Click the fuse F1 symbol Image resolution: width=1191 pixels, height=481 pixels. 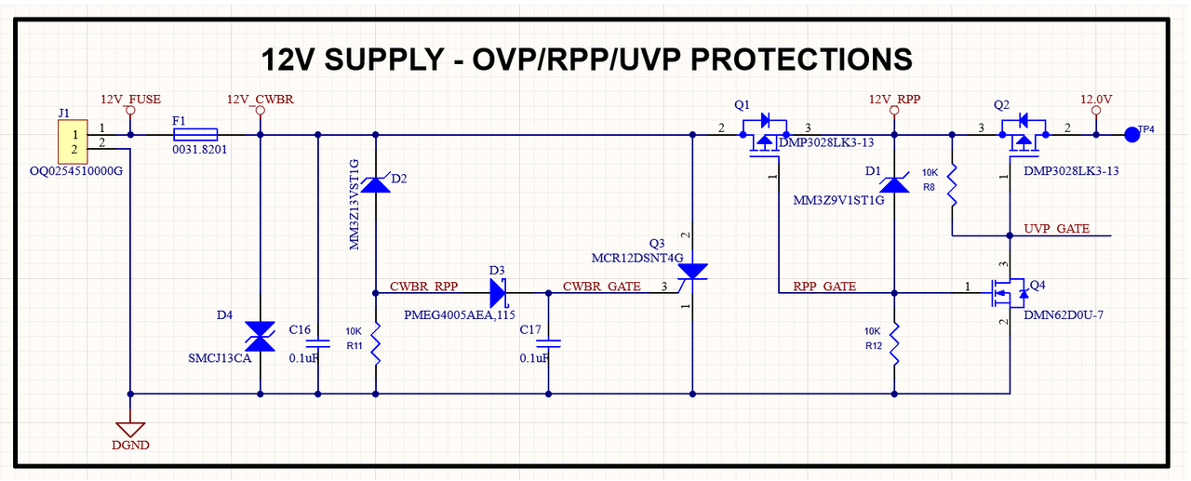(x=195, y=135)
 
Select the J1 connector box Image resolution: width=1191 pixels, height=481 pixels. (x=73, y=141)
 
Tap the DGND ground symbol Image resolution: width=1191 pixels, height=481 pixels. (x=130, y=430)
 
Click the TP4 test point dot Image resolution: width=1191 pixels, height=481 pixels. (x=1132, y=135)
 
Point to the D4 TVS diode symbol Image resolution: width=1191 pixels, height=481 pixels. (x=260, y=337)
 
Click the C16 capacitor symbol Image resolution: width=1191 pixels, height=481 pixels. (x=318, y=344)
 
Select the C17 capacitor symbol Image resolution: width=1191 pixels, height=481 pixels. (x=549, y=344)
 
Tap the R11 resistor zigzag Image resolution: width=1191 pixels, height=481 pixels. (x=376, y=344)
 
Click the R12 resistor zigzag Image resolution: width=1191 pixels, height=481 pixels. (x=894, y=344)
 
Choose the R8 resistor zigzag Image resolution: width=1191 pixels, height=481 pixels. (x=952, y=185)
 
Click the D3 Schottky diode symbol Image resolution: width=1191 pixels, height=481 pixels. (x=499, y=293)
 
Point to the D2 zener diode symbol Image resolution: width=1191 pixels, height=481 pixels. (x=376, y=184)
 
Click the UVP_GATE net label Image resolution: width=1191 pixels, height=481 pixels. (x=1056, y=229)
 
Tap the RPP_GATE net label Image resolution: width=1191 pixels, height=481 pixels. (x=824, y=287)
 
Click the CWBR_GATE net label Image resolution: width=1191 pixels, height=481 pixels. (x=602, y=287)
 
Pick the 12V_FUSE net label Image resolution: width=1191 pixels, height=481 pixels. (x=131, y=100)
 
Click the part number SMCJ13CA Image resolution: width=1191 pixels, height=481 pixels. (x=220, y=358)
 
